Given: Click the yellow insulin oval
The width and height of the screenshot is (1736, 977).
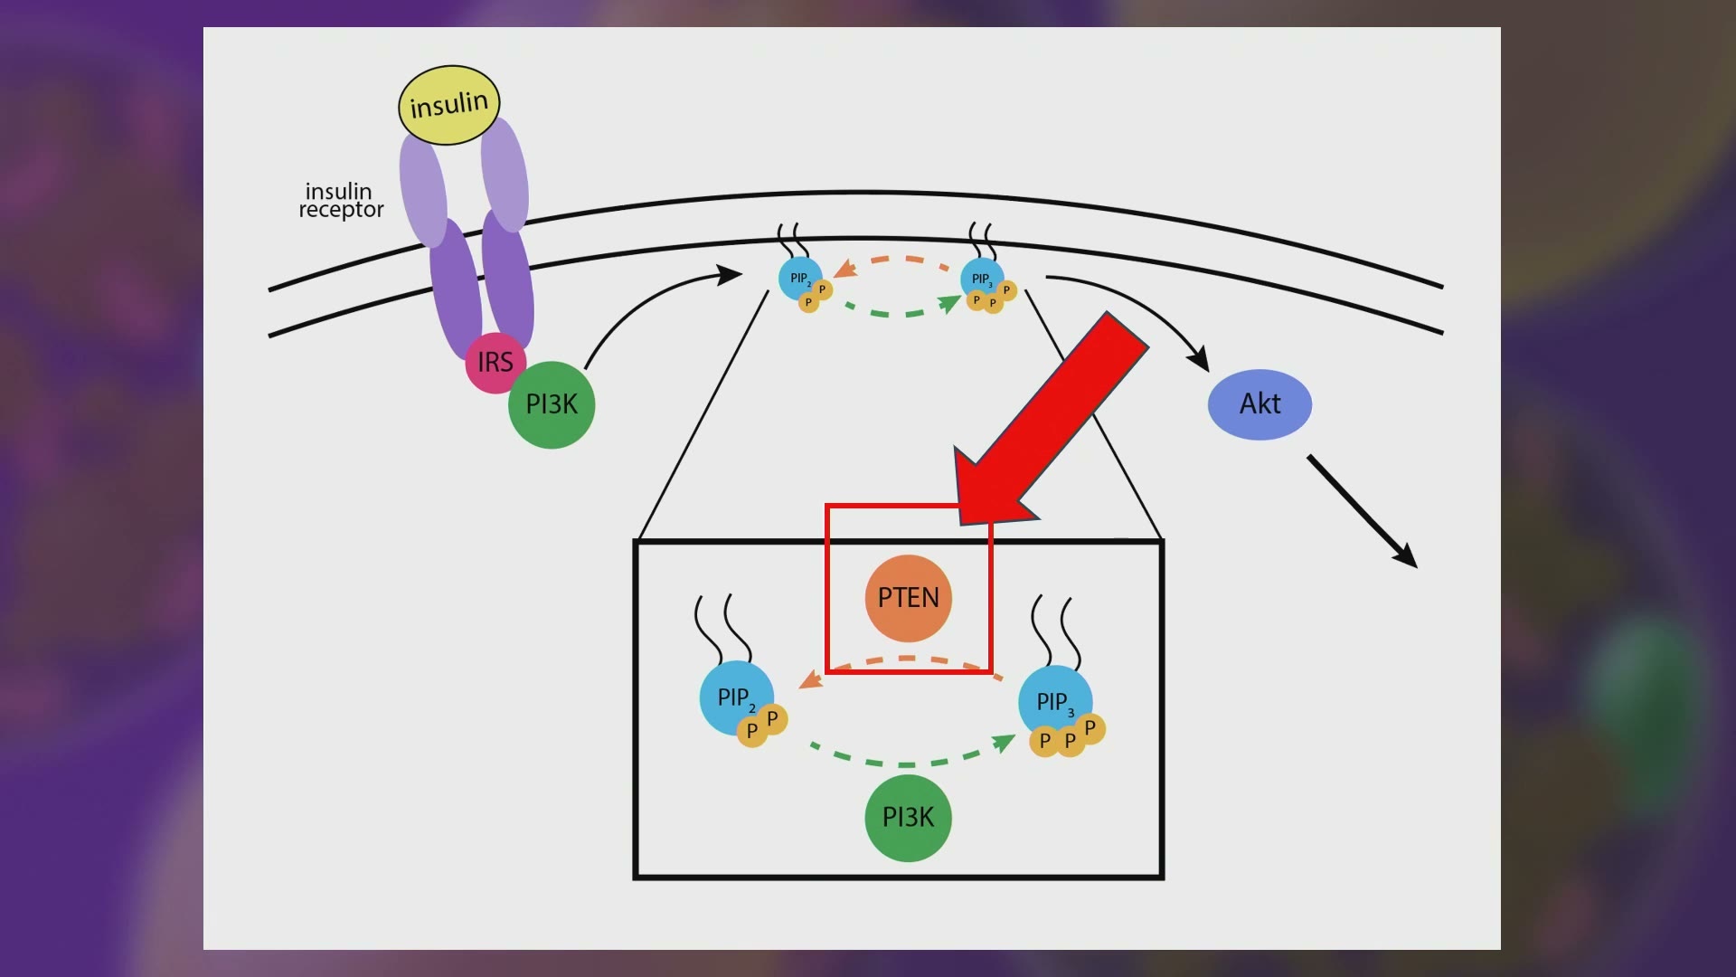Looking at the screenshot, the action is click(449, 105).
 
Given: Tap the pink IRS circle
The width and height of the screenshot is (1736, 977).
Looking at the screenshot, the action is click(495, 363).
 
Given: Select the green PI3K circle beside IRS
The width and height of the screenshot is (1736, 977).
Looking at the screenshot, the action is click(552, 404).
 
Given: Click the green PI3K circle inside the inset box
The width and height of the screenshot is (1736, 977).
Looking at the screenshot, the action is click(908, 818).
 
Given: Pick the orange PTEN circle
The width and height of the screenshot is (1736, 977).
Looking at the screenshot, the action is click(908, 598).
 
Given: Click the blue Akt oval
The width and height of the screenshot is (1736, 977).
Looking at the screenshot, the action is click(1260, 404).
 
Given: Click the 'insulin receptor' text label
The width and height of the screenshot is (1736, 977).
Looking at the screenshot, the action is click(341, 201).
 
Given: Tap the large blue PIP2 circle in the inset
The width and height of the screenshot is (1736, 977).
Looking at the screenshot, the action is click(736, 697).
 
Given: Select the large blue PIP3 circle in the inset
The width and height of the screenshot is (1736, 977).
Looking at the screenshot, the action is click(1055, 702).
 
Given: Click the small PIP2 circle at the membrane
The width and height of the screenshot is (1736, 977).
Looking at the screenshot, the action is click(800, 279).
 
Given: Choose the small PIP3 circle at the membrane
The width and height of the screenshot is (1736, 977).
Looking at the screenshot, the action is click(982, 279).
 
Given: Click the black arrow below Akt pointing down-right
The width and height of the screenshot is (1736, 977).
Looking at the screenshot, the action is click(1362, 512).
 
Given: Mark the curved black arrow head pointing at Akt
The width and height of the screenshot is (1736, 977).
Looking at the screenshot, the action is click(1199, 358).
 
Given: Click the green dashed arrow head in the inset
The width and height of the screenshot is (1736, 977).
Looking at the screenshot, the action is click(1004, 743).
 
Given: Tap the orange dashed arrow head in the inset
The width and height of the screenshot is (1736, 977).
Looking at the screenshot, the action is click(810, 679).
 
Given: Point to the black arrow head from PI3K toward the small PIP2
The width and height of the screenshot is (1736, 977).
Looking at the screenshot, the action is click(730, 274).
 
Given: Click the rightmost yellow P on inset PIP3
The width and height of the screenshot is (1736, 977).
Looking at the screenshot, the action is click(1090, 728).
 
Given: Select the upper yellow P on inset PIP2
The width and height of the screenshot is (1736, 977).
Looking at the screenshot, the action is click(772, 719).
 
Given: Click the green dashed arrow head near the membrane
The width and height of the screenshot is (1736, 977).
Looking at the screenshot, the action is click(950, 303).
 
